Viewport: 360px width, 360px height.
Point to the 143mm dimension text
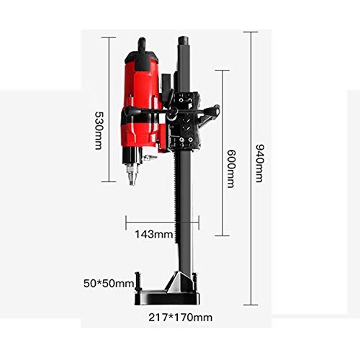(154, 233)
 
